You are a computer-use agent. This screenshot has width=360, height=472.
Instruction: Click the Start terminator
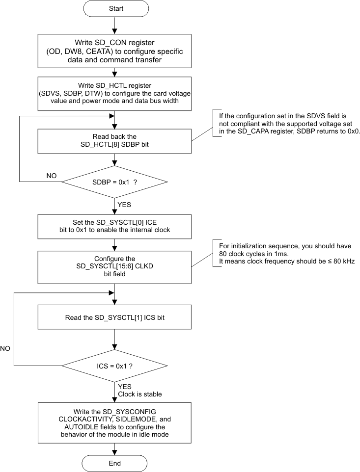coord(114,8)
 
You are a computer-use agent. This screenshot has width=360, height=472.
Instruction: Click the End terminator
coord(114,463)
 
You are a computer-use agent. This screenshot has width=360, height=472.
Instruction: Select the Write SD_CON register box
coord(114,50)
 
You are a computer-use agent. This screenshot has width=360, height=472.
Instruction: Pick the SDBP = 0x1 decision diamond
coord(114,182)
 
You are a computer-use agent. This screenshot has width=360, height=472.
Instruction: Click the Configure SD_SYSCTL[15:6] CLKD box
coord(114,266)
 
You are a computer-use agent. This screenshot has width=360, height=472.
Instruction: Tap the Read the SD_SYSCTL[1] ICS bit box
coord(114,317)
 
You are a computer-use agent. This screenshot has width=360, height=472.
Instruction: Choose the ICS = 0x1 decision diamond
coord(114,365)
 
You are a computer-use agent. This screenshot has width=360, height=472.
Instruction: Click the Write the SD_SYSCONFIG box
coord(114,420)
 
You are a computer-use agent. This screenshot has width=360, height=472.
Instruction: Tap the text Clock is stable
coord(139,394)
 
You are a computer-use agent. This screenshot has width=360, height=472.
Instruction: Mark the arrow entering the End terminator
coord(114,448)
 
